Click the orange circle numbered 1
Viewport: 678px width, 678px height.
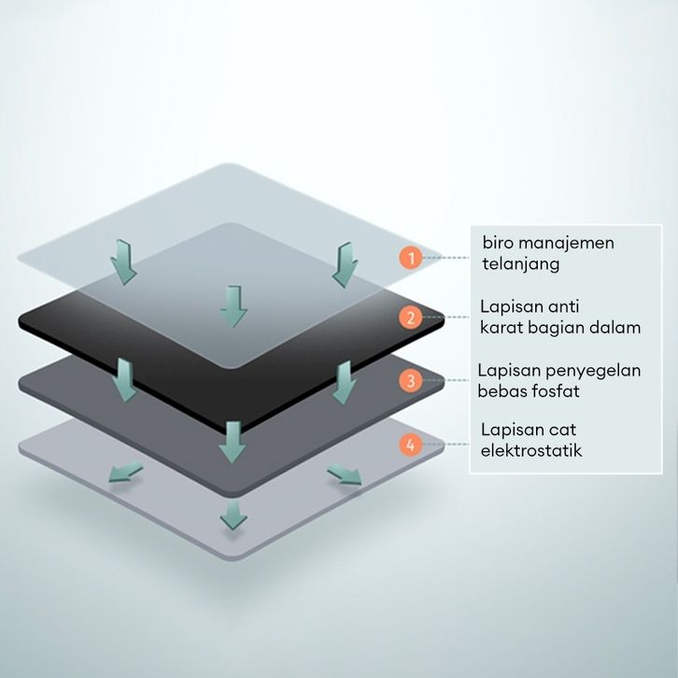tap(407, 258)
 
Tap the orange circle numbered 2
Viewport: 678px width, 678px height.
tap(407, 318)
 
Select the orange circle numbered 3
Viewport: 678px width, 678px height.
tap(407, 380)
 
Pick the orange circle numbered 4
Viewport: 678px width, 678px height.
tap(407, 444)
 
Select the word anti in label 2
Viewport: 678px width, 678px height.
tap(564, 306)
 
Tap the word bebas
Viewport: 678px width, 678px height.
tap(504, 391)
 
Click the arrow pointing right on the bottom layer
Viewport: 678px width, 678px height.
tap(345, 476)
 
